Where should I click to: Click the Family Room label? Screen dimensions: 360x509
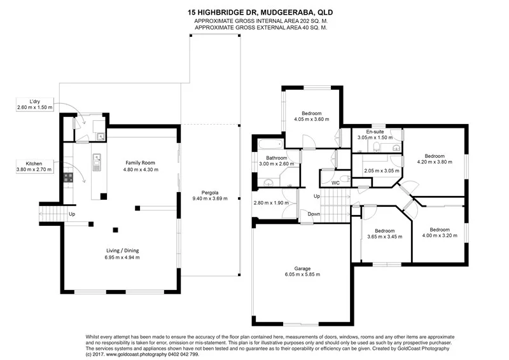point(139,163)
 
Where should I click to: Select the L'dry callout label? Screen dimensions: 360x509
point(34,100)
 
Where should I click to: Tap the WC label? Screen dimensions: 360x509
point(335,183)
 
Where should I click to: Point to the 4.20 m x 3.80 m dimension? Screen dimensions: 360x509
point(434,162)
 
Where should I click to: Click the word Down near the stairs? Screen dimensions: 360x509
point(314,214)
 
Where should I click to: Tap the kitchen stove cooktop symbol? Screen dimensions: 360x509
point(67,178)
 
